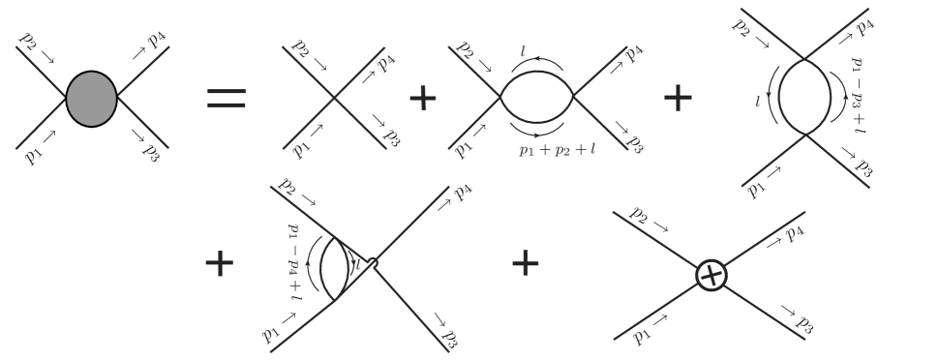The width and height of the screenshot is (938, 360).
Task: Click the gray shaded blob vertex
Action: click(x=92, y=97)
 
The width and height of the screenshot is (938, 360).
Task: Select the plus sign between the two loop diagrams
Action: click(x=679, y=98)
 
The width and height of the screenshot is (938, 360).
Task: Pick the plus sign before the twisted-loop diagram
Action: click(x=222, y=262)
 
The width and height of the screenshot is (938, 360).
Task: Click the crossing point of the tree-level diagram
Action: click(x=334, y=98)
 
